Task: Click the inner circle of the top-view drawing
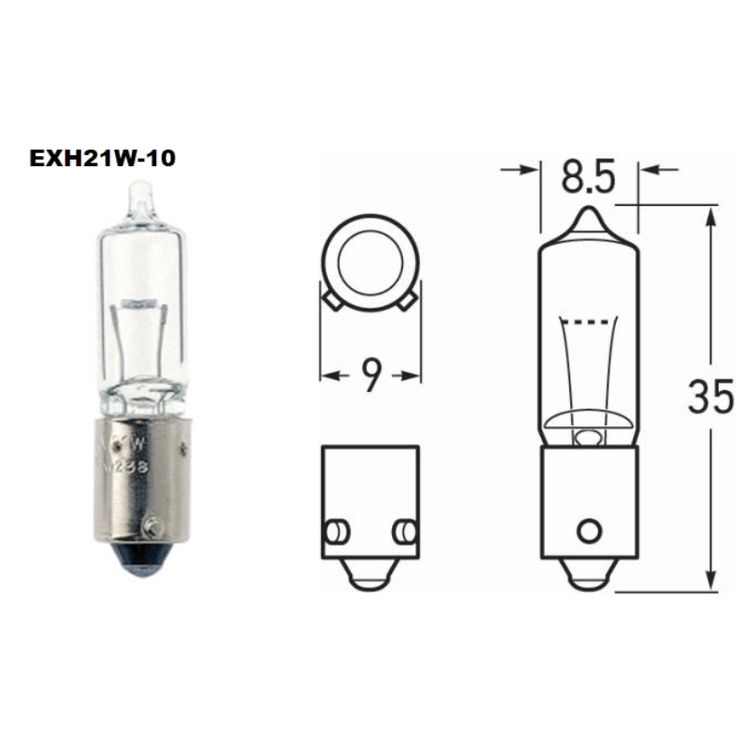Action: click(x=369, y=264)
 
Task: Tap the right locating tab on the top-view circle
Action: click(x=410, y=299)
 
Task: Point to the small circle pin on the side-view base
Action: click(x=588, y=531)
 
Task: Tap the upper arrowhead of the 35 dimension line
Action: click(x=710, y=216)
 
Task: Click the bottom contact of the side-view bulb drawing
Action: click(x=588, y=577)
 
